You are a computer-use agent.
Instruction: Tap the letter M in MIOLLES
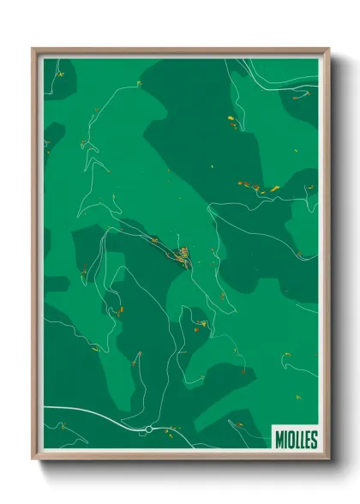point(279,440)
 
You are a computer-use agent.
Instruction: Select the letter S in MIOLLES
point(314,440)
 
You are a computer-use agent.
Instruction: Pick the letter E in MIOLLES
point(308,440)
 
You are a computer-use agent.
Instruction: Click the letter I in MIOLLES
point(285,440)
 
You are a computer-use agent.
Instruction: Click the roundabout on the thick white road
point(148,428)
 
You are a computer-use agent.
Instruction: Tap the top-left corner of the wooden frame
point(34,49)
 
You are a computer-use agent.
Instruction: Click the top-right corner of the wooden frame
point(327,49)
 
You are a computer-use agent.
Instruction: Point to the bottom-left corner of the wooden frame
point(34,460)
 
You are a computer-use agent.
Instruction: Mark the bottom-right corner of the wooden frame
point(327,460)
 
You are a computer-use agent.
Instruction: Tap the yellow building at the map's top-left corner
point(61,74)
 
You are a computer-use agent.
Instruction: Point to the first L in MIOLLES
point(297,440)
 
